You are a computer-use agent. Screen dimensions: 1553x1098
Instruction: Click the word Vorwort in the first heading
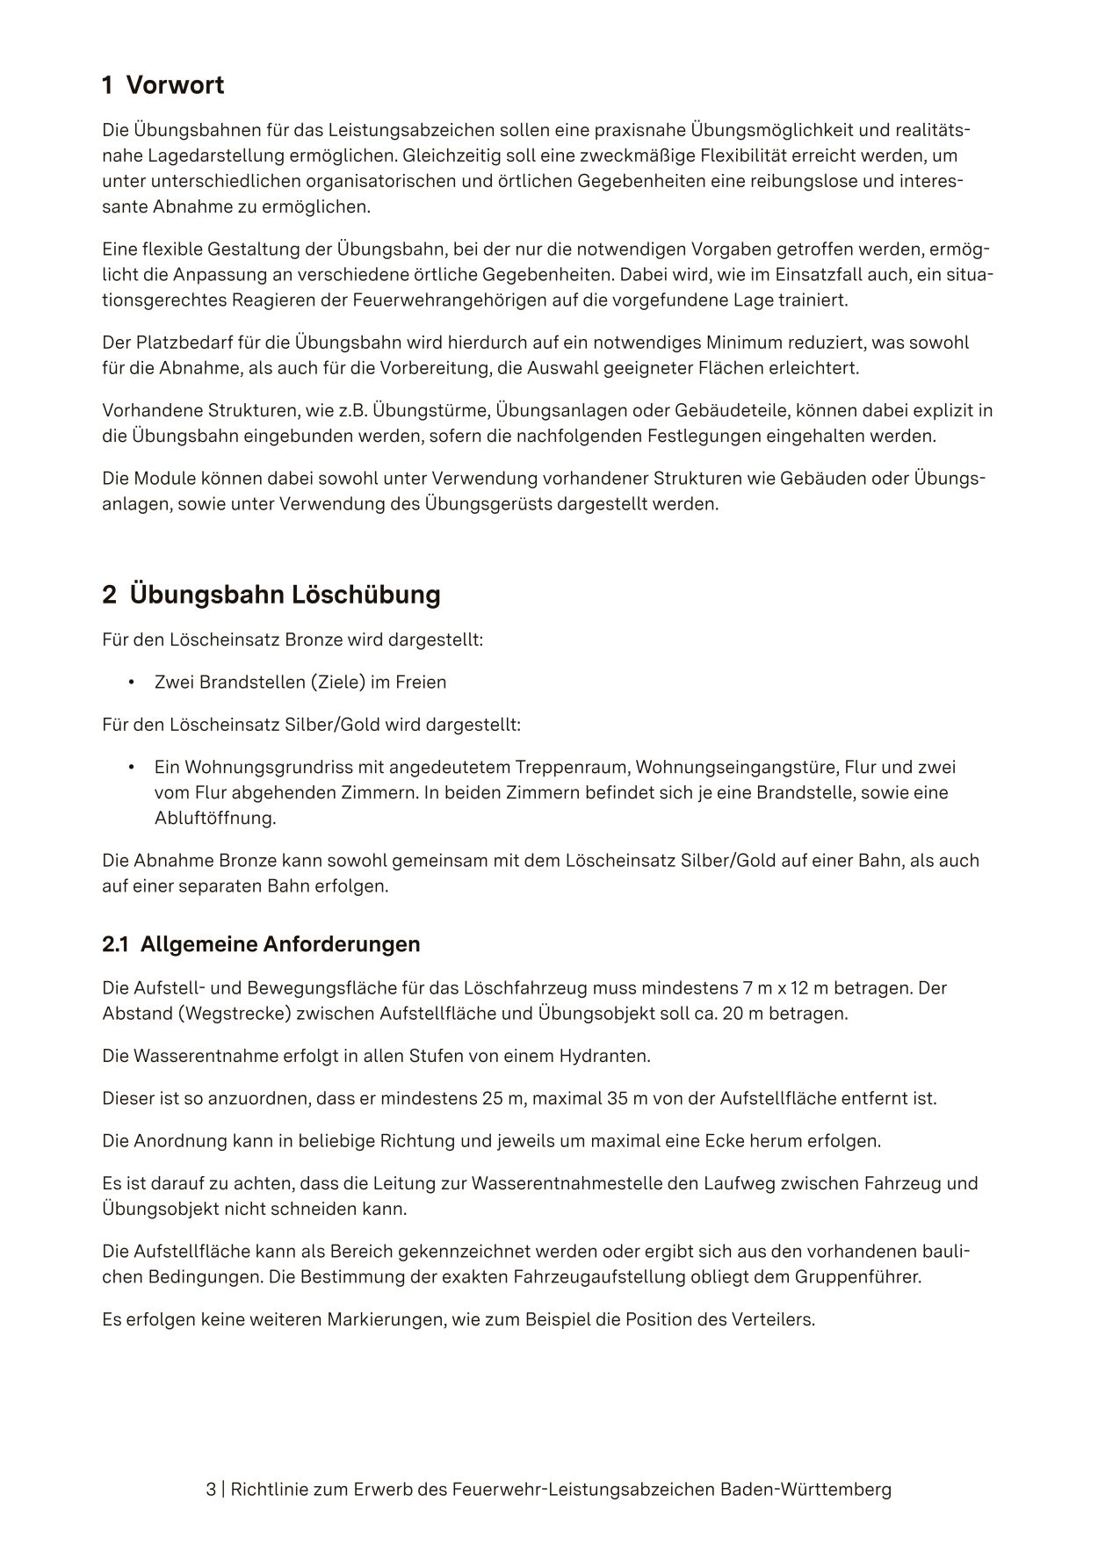[175, 85]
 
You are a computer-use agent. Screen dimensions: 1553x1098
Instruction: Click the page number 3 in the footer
[211, 1490]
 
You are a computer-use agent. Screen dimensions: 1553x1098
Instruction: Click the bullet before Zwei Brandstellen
[131, 683]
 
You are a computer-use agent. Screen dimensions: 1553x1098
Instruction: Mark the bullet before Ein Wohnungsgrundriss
[131, 768]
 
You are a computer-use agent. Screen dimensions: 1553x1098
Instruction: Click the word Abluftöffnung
[214, 819]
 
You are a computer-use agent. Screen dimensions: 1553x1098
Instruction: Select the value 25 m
[502, 1099]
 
